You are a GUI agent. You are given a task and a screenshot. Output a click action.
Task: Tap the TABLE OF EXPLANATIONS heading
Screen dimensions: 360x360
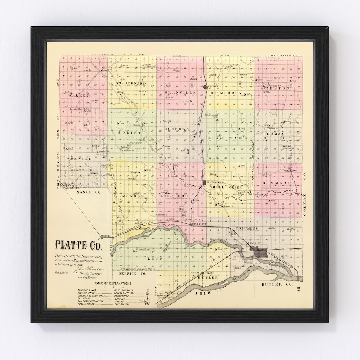113,284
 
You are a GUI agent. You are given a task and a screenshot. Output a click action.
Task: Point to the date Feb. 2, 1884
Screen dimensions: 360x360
62,272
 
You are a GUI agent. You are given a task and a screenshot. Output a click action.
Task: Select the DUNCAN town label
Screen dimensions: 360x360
194,273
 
